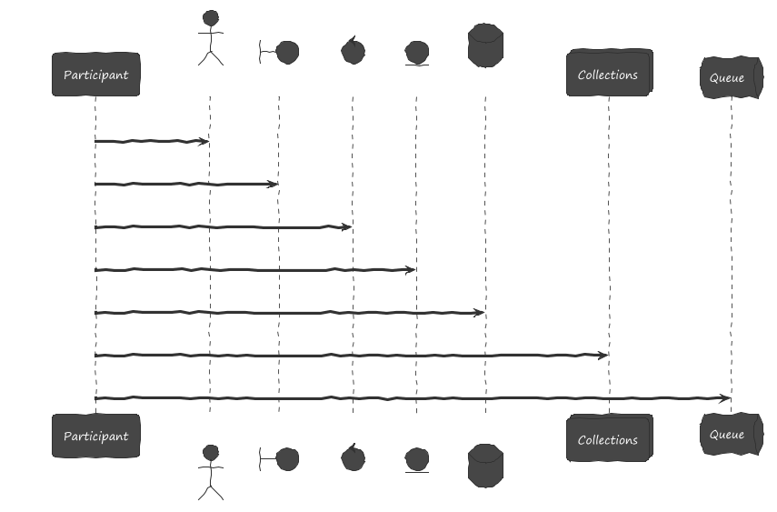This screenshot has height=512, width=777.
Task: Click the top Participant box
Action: click(95, 75)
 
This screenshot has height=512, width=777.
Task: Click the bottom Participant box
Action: click(95, 436)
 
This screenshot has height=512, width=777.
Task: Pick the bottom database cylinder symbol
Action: click(485, 466)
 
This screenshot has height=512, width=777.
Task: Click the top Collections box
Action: click(608, 74)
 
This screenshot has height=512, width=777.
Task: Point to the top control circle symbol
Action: click(352, 51)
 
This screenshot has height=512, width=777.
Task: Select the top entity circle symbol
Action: click(416, 53)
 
